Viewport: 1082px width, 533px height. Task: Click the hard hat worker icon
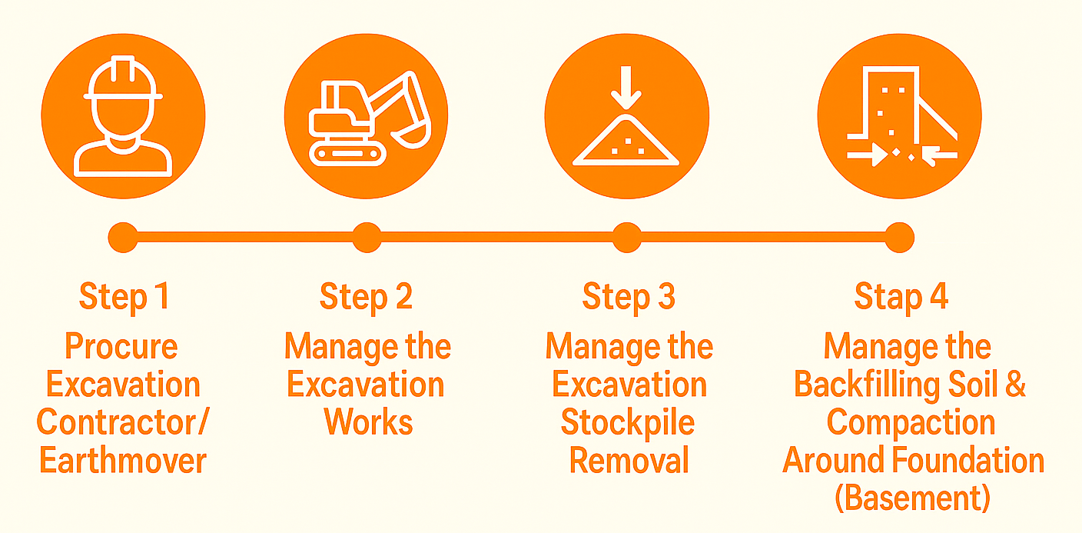pyautogui.click(x=123, y=116)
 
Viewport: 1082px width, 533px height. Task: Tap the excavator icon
pyautogui.click(x=370, y=118)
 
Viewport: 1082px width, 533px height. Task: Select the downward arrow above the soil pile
pyautogui.click(x=626, y=88)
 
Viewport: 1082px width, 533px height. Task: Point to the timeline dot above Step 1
pyautogui.click(x=123, y=238)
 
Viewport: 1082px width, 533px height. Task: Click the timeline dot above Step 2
pyautogui.click(x=367, y=238)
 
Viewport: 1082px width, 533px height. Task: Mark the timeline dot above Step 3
pyautogui.click(x=627, y=238)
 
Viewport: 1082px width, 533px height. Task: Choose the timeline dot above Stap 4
pyautogui.click(x=899, y=238)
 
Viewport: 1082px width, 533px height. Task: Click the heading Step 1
pyautogui.click(x=124, y=296)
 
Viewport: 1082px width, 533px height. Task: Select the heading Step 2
pyautogui.click(x=366, y=296)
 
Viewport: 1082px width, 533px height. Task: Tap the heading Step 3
pyautogui.click(x=629, y=296)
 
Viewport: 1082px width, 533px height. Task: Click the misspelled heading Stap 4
pyautogui.click(x=901, y=296)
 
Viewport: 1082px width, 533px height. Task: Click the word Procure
pyautogui.click(x=121, y=346)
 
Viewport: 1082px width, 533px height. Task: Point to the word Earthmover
pyautogui.click(x=123, y=460)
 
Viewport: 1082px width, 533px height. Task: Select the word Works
pyautogui.click(x=368, y=422)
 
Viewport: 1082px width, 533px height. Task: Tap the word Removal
pyautogui.click(x=629, y=460)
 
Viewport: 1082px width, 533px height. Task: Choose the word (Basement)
pyautogui.click(x=912, y=498)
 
